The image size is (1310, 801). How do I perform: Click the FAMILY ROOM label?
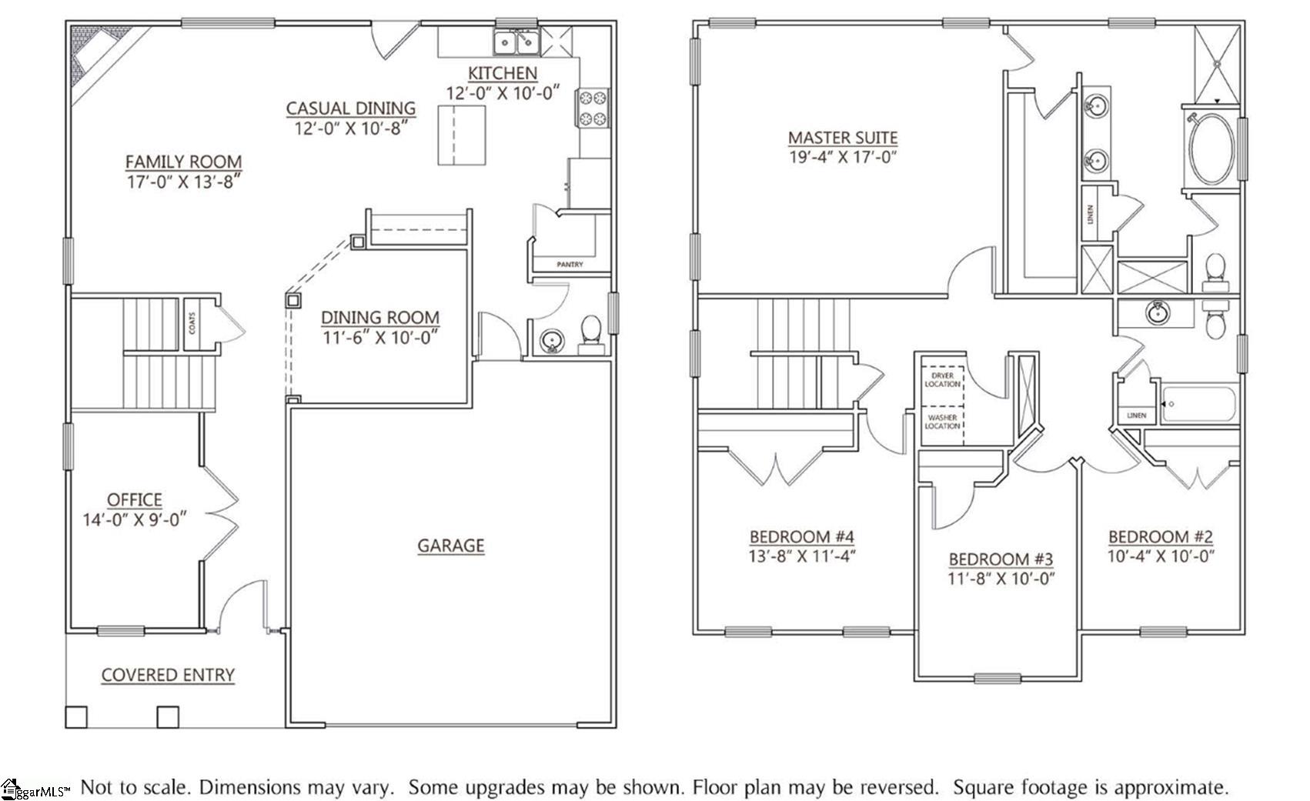[183, 162]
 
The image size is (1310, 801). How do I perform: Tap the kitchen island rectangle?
[462, 135]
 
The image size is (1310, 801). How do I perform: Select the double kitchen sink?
[516, 43]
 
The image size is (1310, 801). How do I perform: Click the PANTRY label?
[570, 265]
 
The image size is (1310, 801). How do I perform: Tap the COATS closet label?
[192, 322]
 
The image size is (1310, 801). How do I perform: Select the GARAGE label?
[450, 546]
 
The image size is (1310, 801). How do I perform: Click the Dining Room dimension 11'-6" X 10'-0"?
[379, 337]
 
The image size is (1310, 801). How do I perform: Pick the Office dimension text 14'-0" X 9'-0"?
[134, 519]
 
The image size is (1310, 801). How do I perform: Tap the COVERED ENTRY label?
[168, 675]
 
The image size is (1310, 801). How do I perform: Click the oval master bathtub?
[1211, 149]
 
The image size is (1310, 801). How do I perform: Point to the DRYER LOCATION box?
[942, 379]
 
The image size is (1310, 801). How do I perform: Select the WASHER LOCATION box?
[942, 422]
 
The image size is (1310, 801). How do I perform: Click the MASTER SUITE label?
[842, 138]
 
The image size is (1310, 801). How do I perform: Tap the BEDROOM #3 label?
[1000, 559]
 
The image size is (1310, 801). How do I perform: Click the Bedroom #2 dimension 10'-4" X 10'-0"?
[1160, 556]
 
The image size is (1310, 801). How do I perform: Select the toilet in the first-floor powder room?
[590, 332]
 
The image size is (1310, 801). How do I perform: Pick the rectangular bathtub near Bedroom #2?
[1198, 404]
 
